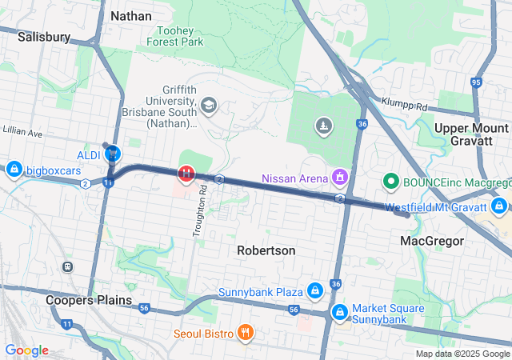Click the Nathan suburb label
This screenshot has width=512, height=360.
131,15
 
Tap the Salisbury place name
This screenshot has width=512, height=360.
43,37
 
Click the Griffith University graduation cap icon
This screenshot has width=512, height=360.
209,106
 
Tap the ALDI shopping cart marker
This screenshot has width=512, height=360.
113,153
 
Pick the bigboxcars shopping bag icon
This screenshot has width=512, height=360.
14,170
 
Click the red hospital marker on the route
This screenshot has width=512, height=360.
186,173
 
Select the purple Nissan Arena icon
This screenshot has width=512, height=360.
340,176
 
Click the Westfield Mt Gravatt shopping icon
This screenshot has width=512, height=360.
499,207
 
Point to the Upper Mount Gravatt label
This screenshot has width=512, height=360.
470,135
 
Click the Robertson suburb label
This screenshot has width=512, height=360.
266,250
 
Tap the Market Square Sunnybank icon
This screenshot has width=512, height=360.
339,310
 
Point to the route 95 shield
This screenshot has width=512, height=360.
476,82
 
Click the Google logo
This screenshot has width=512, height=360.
26,350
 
